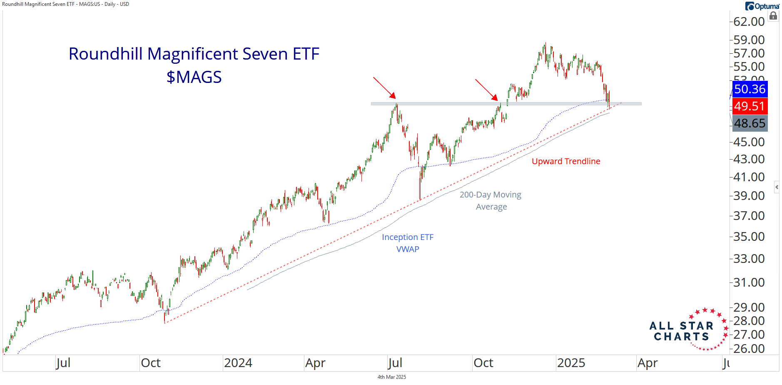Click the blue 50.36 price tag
(x=750, y=89)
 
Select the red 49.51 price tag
(x=750, y=106)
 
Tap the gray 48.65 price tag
(x=750, y=123)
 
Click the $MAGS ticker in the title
(x=194, y=77)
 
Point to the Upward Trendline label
(x=566, y=161)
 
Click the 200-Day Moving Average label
(x=491, y=200)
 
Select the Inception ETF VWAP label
(x=408, y=243)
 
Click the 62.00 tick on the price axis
(x=749, y=22)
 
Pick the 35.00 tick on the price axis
(x=749, y=237)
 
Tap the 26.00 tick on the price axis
(x=749, y=349)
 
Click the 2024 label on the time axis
(x=238, y=363)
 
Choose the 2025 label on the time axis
(x=571, y=363)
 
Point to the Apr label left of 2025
(x=315, y=363)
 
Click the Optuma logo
(x=762, y=6)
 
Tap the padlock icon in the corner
(x=773, y=16)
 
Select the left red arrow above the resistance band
(x=384, y=87)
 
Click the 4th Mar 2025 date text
(x=391, y=377)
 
